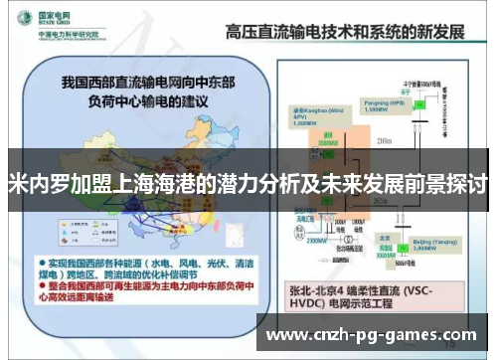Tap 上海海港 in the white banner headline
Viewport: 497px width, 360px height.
[x=164, y=185]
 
